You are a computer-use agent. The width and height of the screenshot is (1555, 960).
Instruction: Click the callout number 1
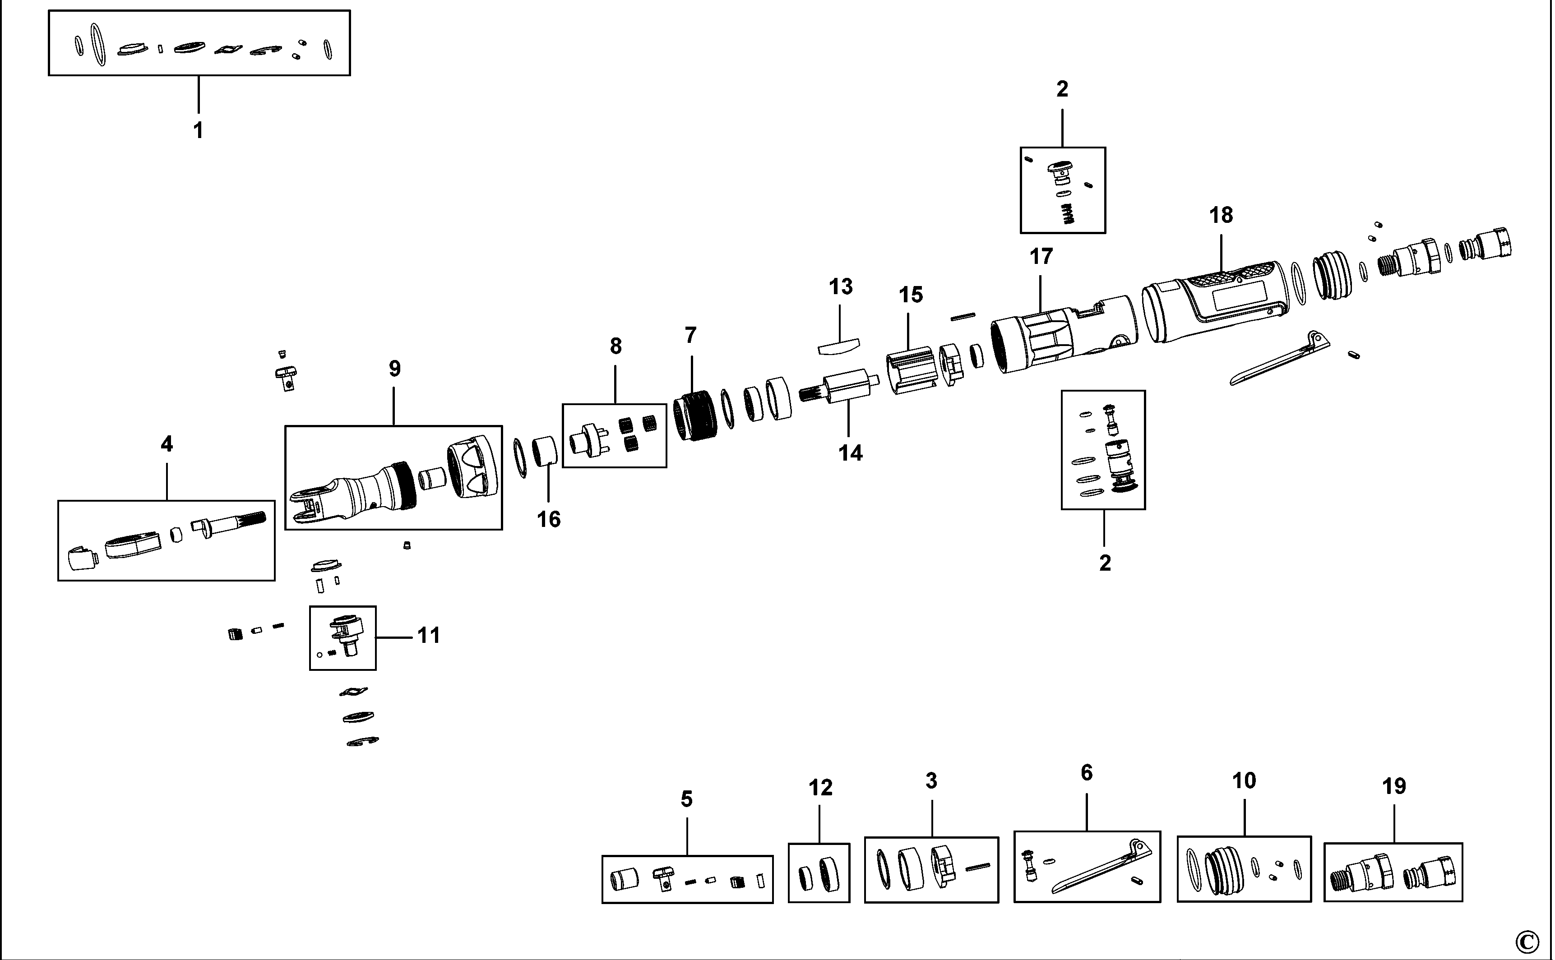[x=198, y=130]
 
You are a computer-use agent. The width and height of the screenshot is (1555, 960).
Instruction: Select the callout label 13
[x=840, y=287]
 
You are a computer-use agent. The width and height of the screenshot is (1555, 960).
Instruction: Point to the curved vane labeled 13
[x=838, y=346]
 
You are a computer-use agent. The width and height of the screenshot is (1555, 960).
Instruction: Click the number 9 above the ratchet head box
[x=394, y=369]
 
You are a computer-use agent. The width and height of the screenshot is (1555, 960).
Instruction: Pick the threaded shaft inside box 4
[x=232, y=522]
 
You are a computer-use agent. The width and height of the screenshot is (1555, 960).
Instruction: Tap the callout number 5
[x=686, y=799]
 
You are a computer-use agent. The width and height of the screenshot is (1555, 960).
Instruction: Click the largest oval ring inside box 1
[x=98, y=45]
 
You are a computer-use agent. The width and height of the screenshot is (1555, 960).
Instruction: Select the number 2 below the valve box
[x=1105, y=563]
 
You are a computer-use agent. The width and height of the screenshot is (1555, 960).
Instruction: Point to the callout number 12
[x=820, y=788]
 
